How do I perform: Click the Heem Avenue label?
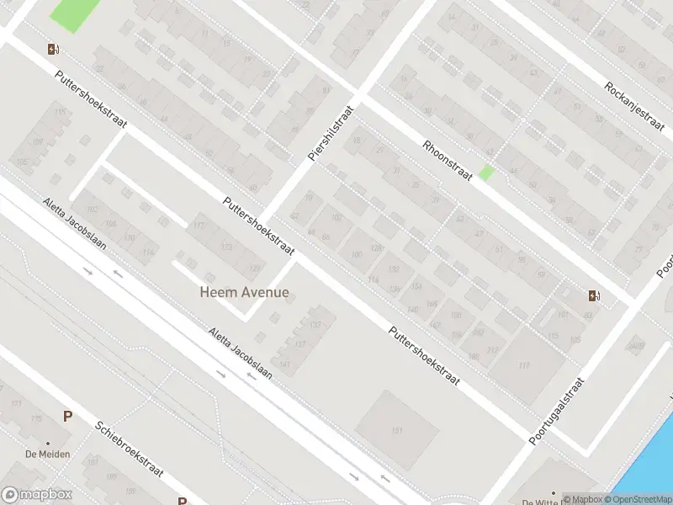(x=244, y=293)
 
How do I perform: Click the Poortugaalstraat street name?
(x=557, y=411)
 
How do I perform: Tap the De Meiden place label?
(x=47, y=454)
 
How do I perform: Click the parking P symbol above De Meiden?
(x=67, y=416)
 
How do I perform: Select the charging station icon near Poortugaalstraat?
(x=594, y=295)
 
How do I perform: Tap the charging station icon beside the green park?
(x=54, y=49)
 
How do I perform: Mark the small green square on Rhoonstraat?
(x=485, y=173)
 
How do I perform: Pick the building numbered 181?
(x=397, y=430)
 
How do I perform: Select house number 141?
(x=286, y=364)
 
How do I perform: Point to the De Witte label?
(x=541, y=502)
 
